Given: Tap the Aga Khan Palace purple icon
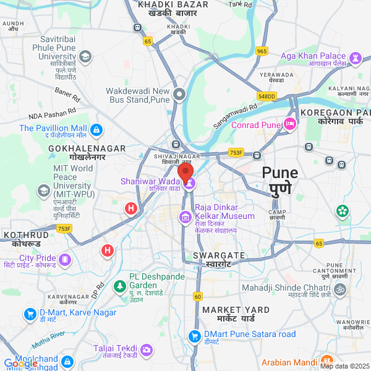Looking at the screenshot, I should click(356, 58).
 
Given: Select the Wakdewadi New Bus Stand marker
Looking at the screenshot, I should click(179, 95).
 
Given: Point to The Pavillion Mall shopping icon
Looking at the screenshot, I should click(96, 130).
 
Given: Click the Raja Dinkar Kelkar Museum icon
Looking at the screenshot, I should click(185, 217).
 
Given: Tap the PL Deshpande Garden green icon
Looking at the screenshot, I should click(119, 287).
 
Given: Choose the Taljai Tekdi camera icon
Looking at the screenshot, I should click(147, 351).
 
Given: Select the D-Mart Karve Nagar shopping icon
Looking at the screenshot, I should click(30, 314).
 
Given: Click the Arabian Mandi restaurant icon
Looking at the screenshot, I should click(327, 362).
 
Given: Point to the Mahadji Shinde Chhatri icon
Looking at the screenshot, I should click(339, 289).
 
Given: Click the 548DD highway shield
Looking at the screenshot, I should click(267, 96).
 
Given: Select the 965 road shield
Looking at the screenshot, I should click(262, 51).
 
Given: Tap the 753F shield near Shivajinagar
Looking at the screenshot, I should click(236, 152).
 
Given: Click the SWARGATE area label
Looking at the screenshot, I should click(219, 255).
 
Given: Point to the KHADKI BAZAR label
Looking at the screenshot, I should click(172, 5).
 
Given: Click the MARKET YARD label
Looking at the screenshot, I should click(236, 309).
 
